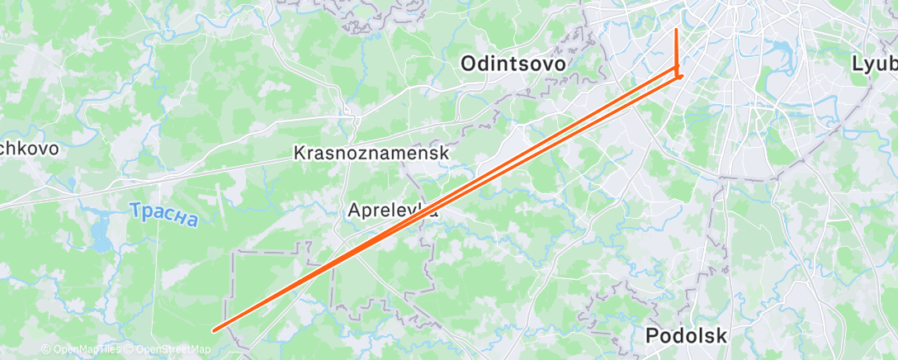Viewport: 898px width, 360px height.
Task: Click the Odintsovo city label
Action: coord(513,64)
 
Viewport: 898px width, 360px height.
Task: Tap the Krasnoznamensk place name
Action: coord(371,154)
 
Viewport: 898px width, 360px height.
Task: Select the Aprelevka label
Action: coord(392,211)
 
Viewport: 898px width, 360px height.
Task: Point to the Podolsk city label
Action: coord(686,336)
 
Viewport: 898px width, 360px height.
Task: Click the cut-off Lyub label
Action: coord(875,64)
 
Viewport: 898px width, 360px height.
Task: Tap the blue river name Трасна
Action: coord(164,216)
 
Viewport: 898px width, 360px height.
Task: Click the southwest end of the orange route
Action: coord(215,330)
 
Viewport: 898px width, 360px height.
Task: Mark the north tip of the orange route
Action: coord(677,30)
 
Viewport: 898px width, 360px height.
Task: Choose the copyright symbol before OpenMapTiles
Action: coord(46,349)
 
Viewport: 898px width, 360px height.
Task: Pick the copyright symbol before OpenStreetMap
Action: coord(130,349)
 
